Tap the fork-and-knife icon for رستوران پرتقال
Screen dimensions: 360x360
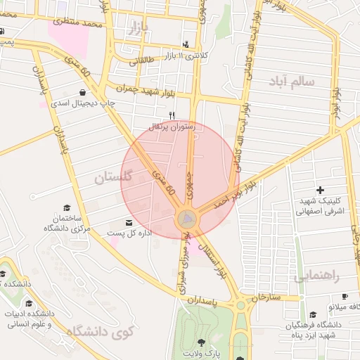[x=171, y=115]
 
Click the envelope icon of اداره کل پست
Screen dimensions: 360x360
[x=128, y=223]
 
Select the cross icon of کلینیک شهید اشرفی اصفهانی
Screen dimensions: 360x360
[x=320, y=190]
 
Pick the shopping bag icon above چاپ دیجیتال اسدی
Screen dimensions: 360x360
[x=84, y=92]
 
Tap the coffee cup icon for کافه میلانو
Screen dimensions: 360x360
[x=345, y=297]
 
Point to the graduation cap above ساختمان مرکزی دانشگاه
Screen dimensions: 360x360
[x=67, y=207]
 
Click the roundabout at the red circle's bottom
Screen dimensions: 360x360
[x=187, y=220]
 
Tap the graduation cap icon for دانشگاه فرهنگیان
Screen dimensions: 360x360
[x=311, y=315]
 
